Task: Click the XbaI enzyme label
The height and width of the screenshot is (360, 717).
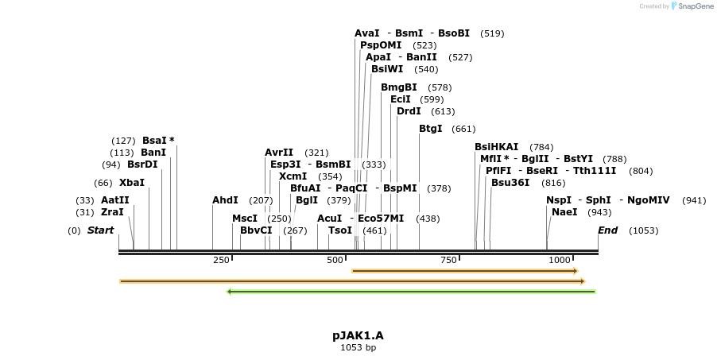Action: [131, 183]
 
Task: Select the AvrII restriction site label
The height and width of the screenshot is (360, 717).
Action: [279, 153]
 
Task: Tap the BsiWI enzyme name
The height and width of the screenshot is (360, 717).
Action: [387, 69]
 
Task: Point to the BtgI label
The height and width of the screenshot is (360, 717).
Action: [430, 129]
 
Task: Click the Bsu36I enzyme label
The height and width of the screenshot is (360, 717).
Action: [510, 183]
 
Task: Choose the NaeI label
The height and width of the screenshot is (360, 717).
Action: [564, 212]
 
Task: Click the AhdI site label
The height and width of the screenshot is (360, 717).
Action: [225, 200]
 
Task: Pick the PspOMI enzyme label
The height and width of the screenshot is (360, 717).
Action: [381, 45]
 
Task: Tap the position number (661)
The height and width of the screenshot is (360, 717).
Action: [463, 130]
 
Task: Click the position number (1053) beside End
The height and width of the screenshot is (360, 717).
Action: [643, 231]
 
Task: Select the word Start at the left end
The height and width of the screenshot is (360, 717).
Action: [100, 230]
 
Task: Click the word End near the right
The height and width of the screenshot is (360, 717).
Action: [607, 230]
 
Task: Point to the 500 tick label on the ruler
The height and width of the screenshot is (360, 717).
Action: [335, 260]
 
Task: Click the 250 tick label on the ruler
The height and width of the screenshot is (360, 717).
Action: [221, 260]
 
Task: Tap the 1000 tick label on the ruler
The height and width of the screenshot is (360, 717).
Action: [560, 260]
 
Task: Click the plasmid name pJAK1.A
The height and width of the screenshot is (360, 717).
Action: [358, 335]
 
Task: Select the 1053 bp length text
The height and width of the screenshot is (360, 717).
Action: [358, 347]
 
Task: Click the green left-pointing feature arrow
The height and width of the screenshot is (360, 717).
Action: [411, 292]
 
